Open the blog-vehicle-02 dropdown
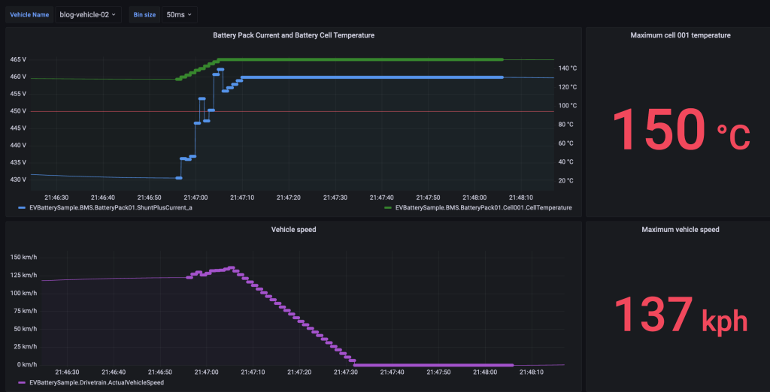[88, 14]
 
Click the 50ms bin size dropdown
[179, 14]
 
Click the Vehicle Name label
[29, 14]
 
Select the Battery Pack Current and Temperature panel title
[293, 35]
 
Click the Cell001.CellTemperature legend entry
[478, 207]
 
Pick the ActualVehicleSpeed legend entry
[96, 382]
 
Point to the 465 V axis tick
[17, 59]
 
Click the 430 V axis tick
[17, 179]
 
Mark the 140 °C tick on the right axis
[568, 68]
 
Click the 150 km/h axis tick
[23, 258]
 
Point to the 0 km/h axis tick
[27, 364]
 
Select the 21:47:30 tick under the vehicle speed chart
[346, 372]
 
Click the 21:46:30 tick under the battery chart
[68, 198]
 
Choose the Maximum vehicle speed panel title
[680, 230]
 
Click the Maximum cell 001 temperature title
[680, 35]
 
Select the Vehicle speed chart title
[293, 229]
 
